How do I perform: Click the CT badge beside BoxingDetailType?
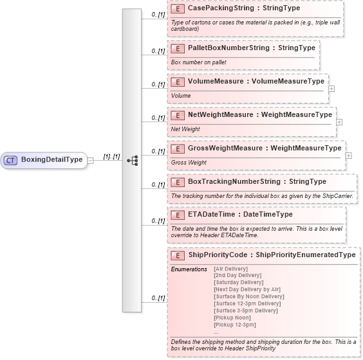point(11,160)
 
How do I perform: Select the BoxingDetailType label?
point(51,160)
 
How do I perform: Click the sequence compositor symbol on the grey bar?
point(132,160)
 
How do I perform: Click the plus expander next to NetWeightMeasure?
point(339,122)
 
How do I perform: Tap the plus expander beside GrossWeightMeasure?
point(348,155)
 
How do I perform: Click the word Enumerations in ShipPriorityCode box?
point(189,269)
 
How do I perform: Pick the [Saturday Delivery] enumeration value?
point(238,282)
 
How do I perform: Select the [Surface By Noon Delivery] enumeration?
point(248,297)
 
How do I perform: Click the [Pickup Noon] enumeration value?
point(232,318)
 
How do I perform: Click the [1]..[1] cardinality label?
point(111,157)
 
